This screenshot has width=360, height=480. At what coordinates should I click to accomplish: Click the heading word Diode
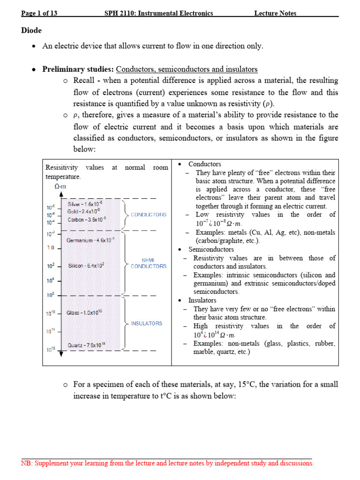pyautogui.click(x=31, y=30)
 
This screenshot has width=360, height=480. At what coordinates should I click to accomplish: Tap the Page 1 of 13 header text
pyautogui.click(x=39, y=13)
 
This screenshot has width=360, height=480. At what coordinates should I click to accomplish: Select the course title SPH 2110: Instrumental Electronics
pyautogui.click(x=158, y=13)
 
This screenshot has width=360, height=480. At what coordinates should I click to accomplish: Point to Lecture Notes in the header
pyautogui.click(x=275, y=13)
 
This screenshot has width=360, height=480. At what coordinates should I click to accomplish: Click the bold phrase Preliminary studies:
pyautogui.click(x=78, y=69)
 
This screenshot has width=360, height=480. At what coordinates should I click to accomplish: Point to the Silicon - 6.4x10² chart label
pyautogui.click(x=86, y=265)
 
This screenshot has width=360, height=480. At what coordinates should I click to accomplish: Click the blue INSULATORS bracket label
pyautogui.click(x=147, y=323)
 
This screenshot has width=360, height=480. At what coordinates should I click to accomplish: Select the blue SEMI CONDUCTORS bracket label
pyautogui.click(x=148, y=263)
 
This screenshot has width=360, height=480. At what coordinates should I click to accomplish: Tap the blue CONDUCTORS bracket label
pyautogui.click(x=149, y=215)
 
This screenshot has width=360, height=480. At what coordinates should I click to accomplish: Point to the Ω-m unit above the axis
pyautogui.click(x=60, y=187)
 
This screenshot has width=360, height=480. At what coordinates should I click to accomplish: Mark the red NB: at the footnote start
pyautogui.click(x=27, y=463)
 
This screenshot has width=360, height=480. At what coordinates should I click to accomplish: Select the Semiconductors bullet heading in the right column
pyautogui.click(x=211, y=249)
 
